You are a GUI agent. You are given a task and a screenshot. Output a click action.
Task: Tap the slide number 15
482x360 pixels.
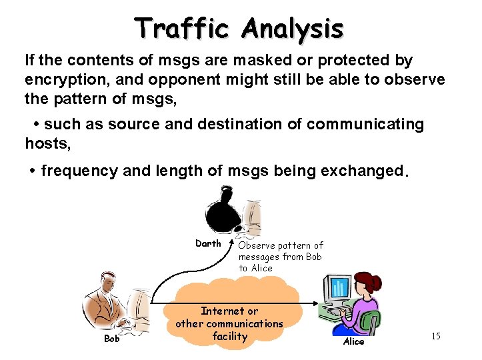pyautogui.click(x=435, y=336)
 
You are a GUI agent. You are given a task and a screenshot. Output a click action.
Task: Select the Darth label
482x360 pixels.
pyautogui.click(x=208, y=243)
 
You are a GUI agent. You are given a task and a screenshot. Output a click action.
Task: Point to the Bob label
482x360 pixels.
pyautogui.click(x=111, y=339)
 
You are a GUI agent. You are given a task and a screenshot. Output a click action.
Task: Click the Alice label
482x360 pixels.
pyautogui.click(x=353, y=341)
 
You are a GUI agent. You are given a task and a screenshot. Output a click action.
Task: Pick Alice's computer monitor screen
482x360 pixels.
pyautogui.click(x=339, y=287)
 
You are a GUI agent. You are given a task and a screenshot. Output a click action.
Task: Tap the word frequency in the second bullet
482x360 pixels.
pyautogui.click(x=80, y=171)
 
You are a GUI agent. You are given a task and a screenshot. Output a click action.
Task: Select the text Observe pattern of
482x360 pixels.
pyautogui.click(x=281, y=245)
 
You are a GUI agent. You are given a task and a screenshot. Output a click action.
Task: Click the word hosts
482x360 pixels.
pyautogui.click(x=47, y=143)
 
